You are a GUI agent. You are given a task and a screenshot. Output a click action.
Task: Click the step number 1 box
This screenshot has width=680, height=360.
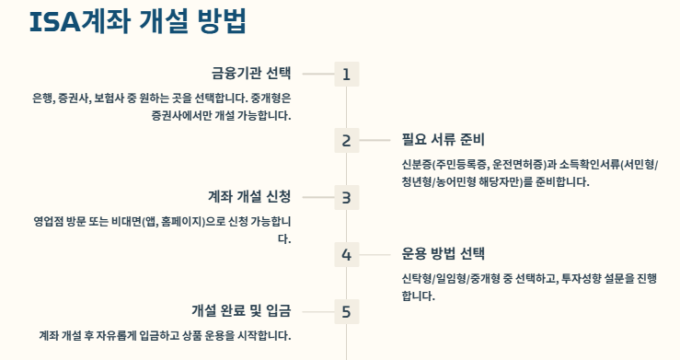(x=346, y=75)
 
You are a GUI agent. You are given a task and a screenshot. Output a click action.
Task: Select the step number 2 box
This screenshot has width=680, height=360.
(x=346, y=141)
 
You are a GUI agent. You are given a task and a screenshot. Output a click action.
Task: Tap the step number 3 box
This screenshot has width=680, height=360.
(x=346, y=197)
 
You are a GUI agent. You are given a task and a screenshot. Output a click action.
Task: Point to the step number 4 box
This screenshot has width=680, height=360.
(x=346, y=255)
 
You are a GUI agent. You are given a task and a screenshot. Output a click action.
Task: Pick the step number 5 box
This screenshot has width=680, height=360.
(x=346, y=311)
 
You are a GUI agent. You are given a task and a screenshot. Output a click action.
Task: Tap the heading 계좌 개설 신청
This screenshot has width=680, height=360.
(x=249, y=196)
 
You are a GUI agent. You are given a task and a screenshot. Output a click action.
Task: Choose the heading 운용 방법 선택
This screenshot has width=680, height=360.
(x=443, y=253)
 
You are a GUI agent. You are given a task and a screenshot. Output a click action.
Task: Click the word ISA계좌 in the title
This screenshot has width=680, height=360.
(x=81, y=22)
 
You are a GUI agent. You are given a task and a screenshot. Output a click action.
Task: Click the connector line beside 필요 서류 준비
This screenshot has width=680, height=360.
(x=375, y=141)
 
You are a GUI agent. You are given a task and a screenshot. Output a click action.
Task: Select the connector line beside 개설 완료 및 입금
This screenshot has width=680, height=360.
(x=317, y=311)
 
